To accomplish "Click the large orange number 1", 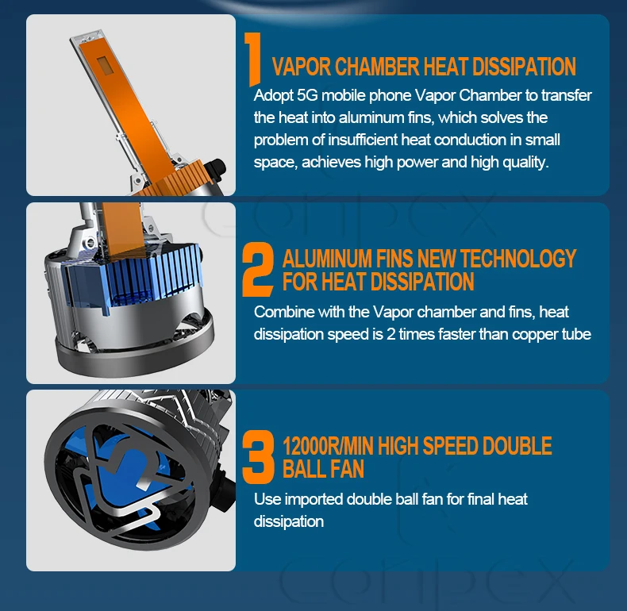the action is tap(253, 60).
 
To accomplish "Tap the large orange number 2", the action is tap(258, 269).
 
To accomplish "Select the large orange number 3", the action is tap(258, 456).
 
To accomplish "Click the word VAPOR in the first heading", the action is tap(302, 67).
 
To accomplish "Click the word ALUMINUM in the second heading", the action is tap(327, 259).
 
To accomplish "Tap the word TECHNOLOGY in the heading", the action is tap(518, 259).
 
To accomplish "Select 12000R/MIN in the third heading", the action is tap(329, 446).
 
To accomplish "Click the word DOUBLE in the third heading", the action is tap(517, 446).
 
